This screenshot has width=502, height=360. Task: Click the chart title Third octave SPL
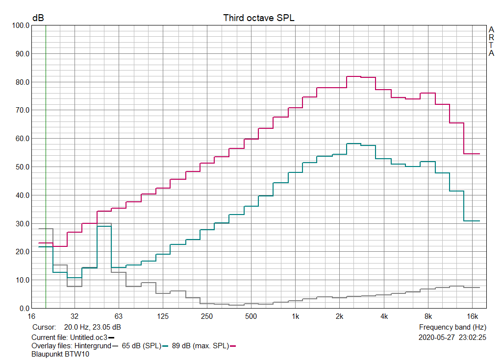click(x=259, y=18)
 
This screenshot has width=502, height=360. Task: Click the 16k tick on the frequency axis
click(x=472, y=316)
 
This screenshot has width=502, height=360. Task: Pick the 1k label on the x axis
click(x=295, y=316)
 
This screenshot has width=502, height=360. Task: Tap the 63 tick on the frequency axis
click(x=118, y=316)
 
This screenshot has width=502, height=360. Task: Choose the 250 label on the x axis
click(x=206, y=316)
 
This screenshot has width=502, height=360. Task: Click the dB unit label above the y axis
click(x=38, y=18)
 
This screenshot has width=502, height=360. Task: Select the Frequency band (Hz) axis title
click(x=452, y=327)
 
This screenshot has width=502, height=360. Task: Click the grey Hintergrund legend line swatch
click(x=115, y=346)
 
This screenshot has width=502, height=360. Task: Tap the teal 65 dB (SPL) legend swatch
click(x=166, y=346)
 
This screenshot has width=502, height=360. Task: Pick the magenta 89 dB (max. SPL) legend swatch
click(x=233, y=346)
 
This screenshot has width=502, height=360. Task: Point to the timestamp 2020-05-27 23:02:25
click(x=452, y=337)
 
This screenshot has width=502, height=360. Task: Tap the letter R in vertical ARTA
click(x=491, y=37)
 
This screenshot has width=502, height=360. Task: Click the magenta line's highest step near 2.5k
click(x=353, y=76)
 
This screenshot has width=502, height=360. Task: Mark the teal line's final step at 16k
click(x=472, y=221)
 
